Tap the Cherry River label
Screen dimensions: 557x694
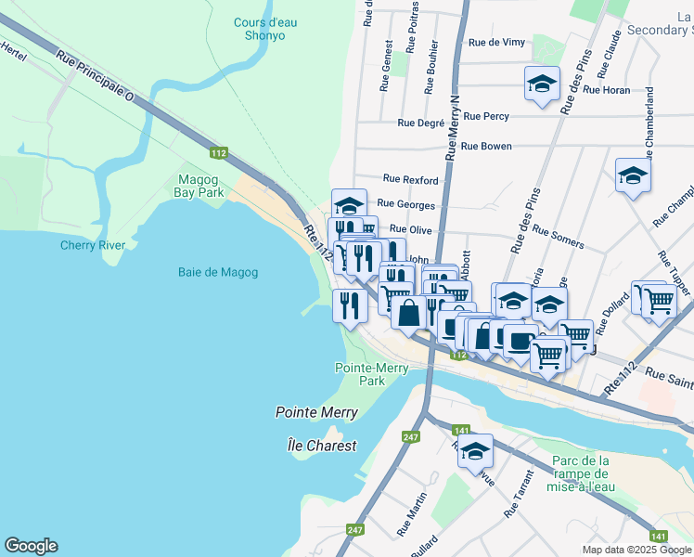tap(93, 245)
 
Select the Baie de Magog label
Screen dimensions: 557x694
tap(218, 272)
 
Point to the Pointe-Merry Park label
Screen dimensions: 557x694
tap(359, 374)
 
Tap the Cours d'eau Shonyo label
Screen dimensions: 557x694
tap(259, 29)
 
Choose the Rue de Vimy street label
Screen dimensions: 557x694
tap(497, 42)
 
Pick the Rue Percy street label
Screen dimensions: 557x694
tap(485, 116)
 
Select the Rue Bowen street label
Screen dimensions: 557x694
tap(486, 146)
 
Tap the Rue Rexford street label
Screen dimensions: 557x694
tap(409, 179)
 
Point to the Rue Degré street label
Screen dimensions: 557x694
tap(420, 122)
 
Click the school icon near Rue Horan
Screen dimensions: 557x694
tap(542, 84)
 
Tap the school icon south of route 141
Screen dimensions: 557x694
tap(476, 450)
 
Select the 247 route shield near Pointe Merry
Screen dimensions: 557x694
tap(411, 436)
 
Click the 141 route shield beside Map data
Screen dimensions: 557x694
tap(658, 536)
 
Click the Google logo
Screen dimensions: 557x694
tap(31, 546)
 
